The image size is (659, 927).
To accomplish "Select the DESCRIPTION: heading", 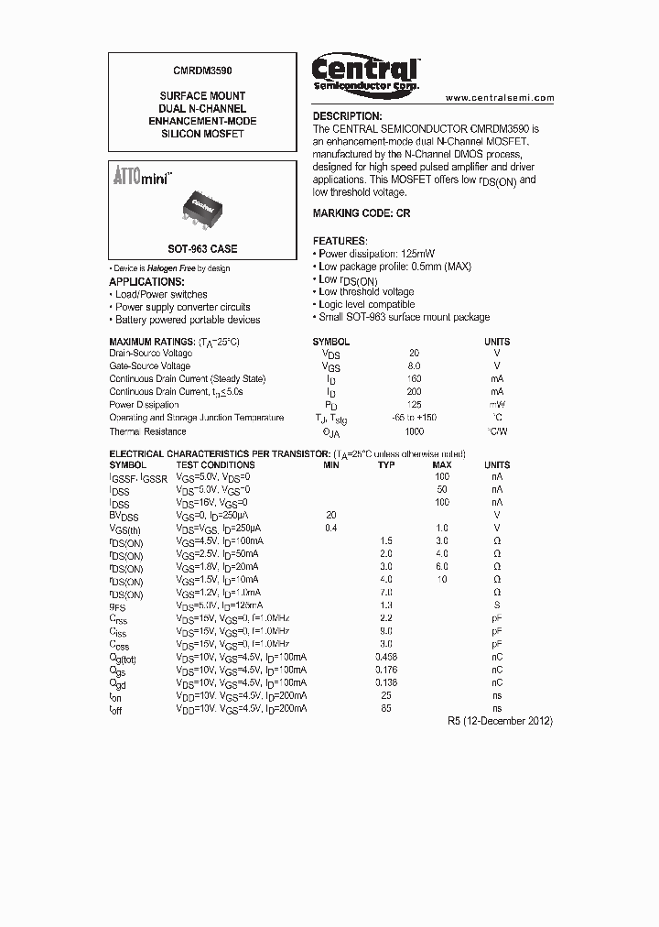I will point(347,116).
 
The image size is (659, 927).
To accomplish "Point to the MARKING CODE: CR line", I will point(362,213).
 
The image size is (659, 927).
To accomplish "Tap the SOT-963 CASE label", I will point(202,249).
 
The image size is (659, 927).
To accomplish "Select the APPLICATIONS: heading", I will point(146,281).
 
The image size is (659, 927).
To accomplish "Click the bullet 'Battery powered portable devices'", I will point(188,320).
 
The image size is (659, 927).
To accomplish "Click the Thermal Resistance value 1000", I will point(415,431).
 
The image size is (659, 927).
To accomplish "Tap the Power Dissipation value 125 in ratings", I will point(415,405).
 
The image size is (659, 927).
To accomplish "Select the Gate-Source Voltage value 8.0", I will point(415,365).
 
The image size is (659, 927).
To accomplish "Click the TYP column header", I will point(386,465).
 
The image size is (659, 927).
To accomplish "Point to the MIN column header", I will point(331,465).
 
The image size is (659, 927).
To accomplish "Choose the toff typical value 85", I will point(386,709).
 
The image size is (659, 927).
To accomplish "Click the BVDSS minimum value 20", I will point(331,515).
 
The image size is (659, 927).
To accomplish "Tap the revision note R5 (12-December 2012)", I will point(500,721).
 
